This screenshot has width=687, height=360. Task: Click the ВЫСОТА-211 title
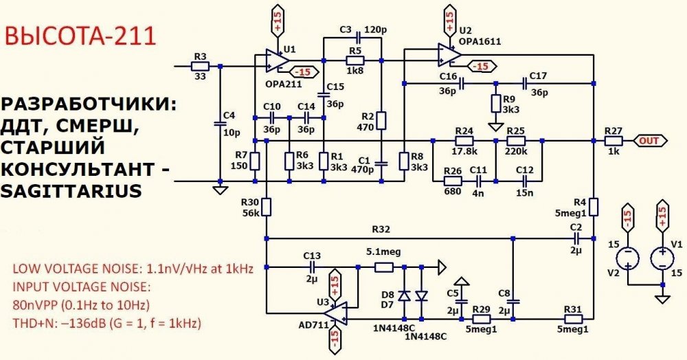point(80,36)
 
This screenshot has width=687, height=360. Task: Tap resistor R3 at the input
point(200,66)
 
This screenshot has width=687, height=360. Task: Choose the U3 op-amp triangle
point(336,313)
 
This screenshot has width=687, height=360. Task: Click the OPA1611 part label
point(480,42)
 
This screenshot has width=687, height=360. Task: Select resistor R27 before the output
point(613,141)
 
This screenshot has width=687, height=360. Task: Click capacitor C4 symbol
point(220,124)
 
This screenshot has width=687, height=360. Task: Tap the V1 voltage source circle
point(662,259)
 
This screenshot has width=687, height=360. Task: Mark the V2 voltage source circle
point(628,259)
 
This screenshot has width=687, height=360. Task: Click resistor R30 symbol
point(267,207)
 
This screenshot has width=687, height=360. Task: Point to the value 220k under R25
point(519,151)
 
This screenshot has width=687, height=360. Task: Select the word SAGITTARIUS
point(71,191)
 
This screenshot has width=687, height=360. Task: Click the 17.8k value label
point(465,151)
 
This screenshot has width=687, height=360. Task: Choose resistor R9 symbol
point(495,103)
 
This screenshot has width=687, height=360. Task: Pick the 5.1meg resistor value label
point(383,253)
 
